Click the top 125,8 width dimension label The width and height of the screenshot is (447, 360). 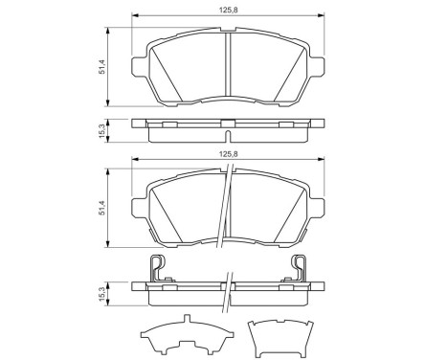(226, 10)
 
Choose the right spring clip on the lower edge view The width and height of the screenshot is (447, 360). (298, 270)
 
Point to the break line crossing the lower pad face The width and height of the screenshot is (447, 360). (227, 220)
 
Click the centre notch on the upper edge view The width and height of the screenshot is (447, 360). (226, 122)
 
